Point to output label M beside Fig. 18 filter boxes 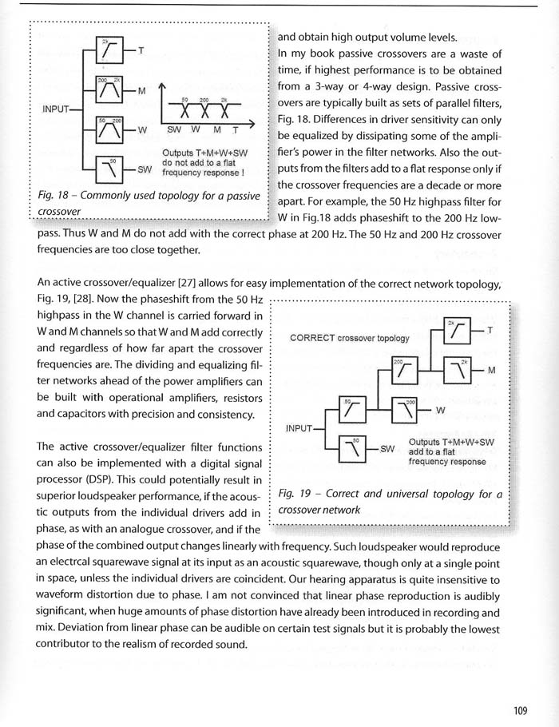(141, 90)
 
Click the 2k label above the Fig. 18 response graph (224, 100)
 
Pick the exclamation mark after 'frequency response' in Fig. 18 (241, 171)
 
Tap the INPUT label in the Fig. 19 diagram (300, 429)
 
